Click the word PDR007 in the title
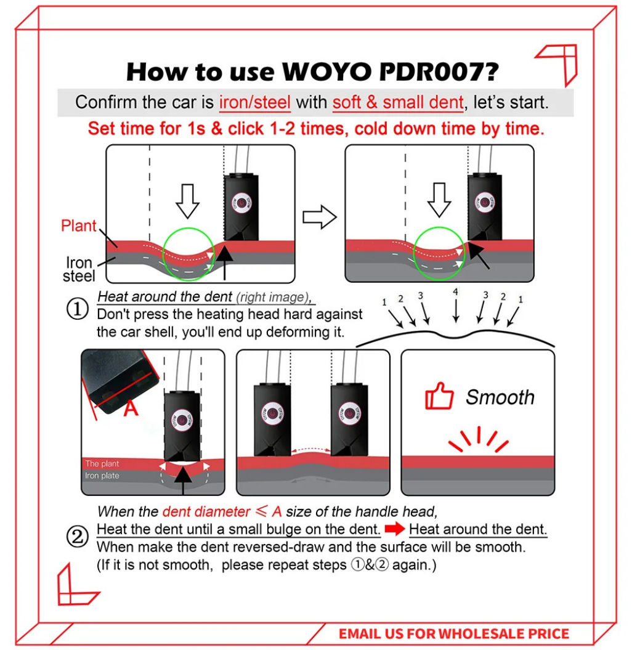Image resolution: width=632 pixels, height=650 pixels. click(439, 71)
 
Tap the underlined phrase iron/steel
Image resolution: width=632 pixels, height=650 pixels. click(255, 102)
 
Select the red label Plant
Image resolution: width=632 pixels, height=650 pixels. click(78, 225)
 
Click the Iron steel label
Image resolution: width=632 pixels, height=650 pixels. click(79, 269)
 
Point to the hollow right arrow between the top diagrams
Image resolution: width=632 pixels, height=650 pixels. click(320, 217)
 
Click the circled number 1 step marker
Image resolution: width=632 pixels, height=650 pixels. click(78, 309)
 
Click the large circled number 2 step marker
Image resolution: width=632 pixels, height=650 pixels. click(78, 537)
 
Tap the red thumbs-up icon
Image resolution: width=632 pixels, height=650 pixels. click(439, 396)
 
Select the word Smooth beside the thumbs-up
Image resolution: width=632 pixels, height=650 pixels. click(500, 397)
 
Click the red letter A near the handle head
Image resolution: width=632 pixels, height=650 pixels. click(131, 408)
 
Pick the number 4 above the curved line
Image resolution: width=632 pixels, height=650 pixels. click(455, 292)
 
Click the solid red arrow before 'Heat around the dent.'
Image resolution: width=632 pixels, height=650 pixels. click(394, 529)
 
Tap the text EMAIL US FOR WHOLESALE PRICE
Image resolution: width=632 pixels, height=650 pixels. click(454, 634)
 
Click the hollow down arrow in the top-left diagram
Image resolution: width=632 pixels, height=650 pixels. click(187, 201)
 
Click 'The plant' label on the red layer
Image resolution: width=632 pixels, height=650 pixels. click(102, 463)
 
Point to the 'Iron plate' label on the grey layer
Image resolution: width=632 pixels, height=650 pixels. click(102, 476)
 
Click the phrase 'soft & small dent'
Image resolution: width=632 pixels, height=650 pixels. click(398, 102)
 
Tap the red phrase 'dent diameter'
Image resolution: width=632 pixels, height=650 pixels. click(206, 511)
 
